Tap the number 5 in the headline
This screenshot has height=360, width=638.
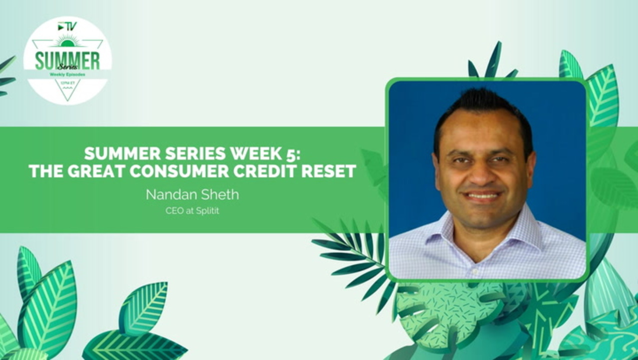pos(292,154)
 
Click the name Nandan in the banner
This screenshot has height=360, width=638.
pos(167,195)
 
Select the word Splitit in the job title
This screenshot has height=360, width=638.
pos(208,211)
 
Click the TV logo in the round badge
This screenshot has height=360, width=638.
pos(67,27)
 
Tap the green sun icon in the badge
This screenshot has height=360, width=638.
pos(67,41)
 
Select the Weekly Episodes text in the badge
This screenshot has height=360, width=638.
pos(67,74)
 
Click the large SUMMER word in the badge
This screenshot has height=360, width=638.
pos(67,60)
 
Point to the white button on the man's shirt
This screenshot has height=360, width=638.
pos(475,271)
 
